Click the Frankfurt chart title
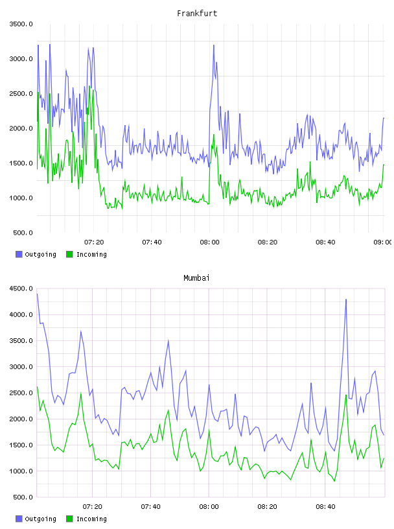coord(197,14)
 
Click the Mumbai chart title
coord(196,278)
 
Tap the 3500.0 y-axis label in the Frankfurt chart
coord(21,24)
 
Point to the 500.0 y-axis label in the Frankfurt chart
coord(23,233)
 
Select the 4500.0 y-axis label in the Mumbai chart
coord(21,288)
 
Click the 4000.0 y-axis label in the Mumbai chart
coord(21,314)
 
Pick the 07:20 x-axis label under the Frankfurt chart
coord(94,242)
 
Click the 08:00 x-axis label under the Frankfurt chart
coord(209,242)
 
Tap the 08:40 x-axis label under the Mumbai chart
coord(325,507)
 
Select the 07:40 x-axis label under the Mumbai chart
coord(150,507)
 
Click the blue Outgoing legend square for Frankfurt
coord(19,254)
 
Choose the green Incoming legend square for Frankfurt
coord(69,254)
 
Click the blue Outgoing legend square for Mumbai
coord(19,519)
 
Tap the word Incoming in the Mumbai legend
coord(91,519)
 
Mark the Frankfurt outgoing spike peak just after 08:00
coord(214,45)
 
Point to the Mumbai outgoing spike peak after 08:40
coord(346,300)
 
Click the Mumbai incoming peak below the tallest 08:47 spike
coord(346,395)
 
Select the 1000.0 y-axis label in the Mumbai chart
coord(21,471)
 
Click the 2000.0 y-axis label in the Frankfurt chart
coord(21,128)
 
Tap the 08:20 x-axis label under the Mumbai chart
coord(267,507)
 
